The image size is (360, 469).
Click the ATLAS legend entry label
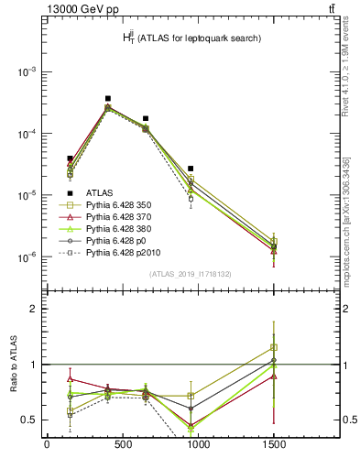coord(101,192)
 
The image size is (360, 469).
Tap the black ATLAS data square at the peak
coord(108,98)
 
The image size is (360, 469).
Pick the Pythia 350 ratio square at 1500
coord(273,347)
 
